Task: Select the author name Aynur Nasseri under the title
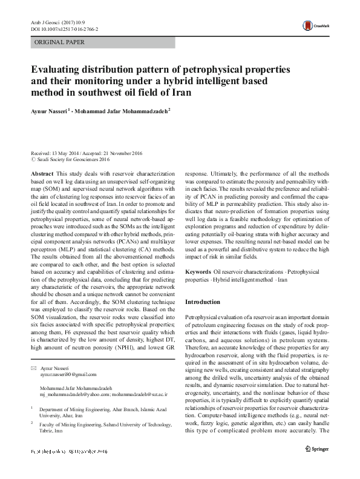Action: tap(50, 111)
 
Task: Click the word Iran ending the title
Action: tap(180, 93)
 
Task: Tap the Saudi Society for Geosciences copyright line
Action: tap(71, 160)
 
